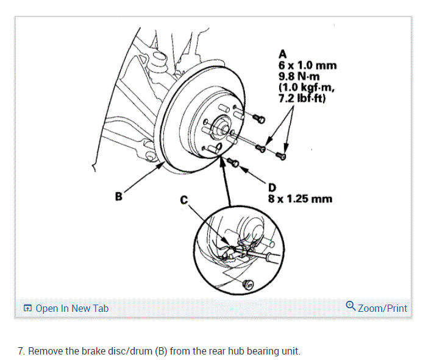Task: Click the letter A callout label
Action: pyautogui.click(x=282, y=54)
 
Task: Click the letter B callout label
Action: pyautogui.click(x=118, y=196)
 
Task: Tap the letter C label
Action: pyautogui.click(x=184, y=200)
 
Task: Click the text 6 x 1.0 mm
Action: pyautogui.click(x=307, y=65)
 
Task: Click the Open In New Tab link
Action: pyautogui.click(x=72, y=308)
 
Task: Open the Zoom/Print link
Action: pyautogui.click(x=382, y=308)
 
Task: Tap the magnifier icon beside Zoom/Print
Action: pyautogui.click(x=350, y=306)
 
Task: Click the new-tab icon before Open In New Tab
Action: pyautogui.click(x=27, y=308)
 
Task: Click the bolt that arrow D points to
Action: pyautogui.click(x=233, y=161)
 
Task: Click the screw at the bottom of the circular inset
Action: pyautogui.click(x=247, y=283)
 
